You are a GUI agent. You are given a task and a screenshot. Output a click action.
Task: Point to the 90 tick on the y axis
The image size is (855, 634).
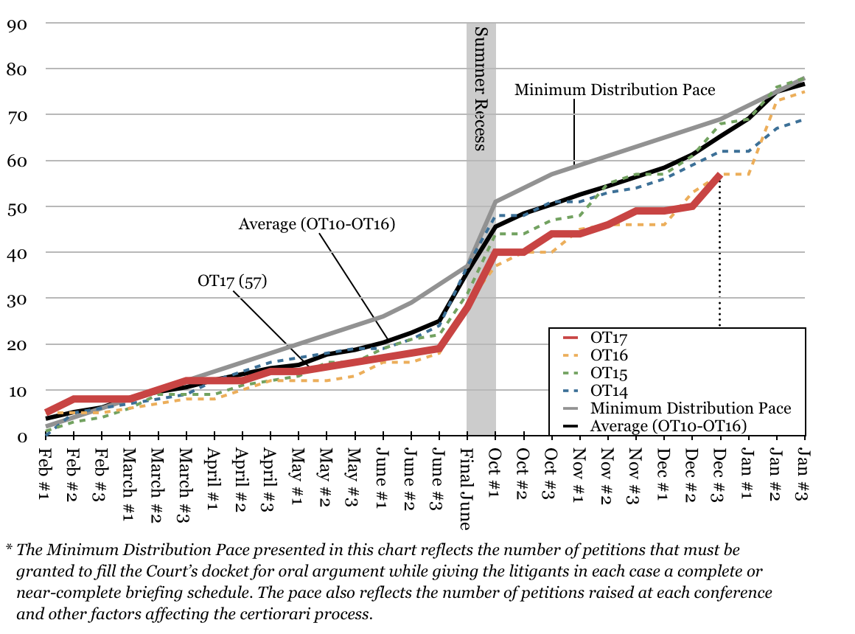[x=17, y=23]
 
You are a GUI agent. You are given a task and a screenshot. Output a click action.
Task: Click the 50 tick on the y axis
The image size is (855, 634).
[x=17, y=206]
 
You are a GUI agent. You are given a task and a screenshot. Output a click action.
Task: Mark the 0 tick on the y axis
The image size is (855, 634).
[x=21, y=436]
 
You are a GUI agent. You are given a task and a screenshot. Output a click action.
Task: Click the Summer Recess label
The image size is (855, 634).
[x=481, y=88]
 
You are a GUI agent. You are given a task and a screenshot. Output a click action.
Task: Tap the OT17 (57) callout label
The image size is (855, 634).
[x=231, y=281]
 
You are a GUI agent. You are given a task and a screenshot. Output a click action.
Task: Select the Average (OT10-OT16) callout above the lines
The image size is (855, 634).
[x=317, y=223]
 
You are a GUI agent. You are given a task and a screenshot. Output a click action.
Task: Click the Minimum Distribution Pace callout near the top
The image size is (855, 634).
[x=615, y=90]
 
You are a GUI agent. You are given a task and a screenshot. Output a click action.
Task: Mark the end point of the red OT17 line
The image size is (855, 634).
[x=719, y=175]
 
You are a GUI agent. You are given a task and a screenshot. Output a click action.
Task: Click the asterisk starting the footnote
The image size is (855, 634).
[x=10, y=549]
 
